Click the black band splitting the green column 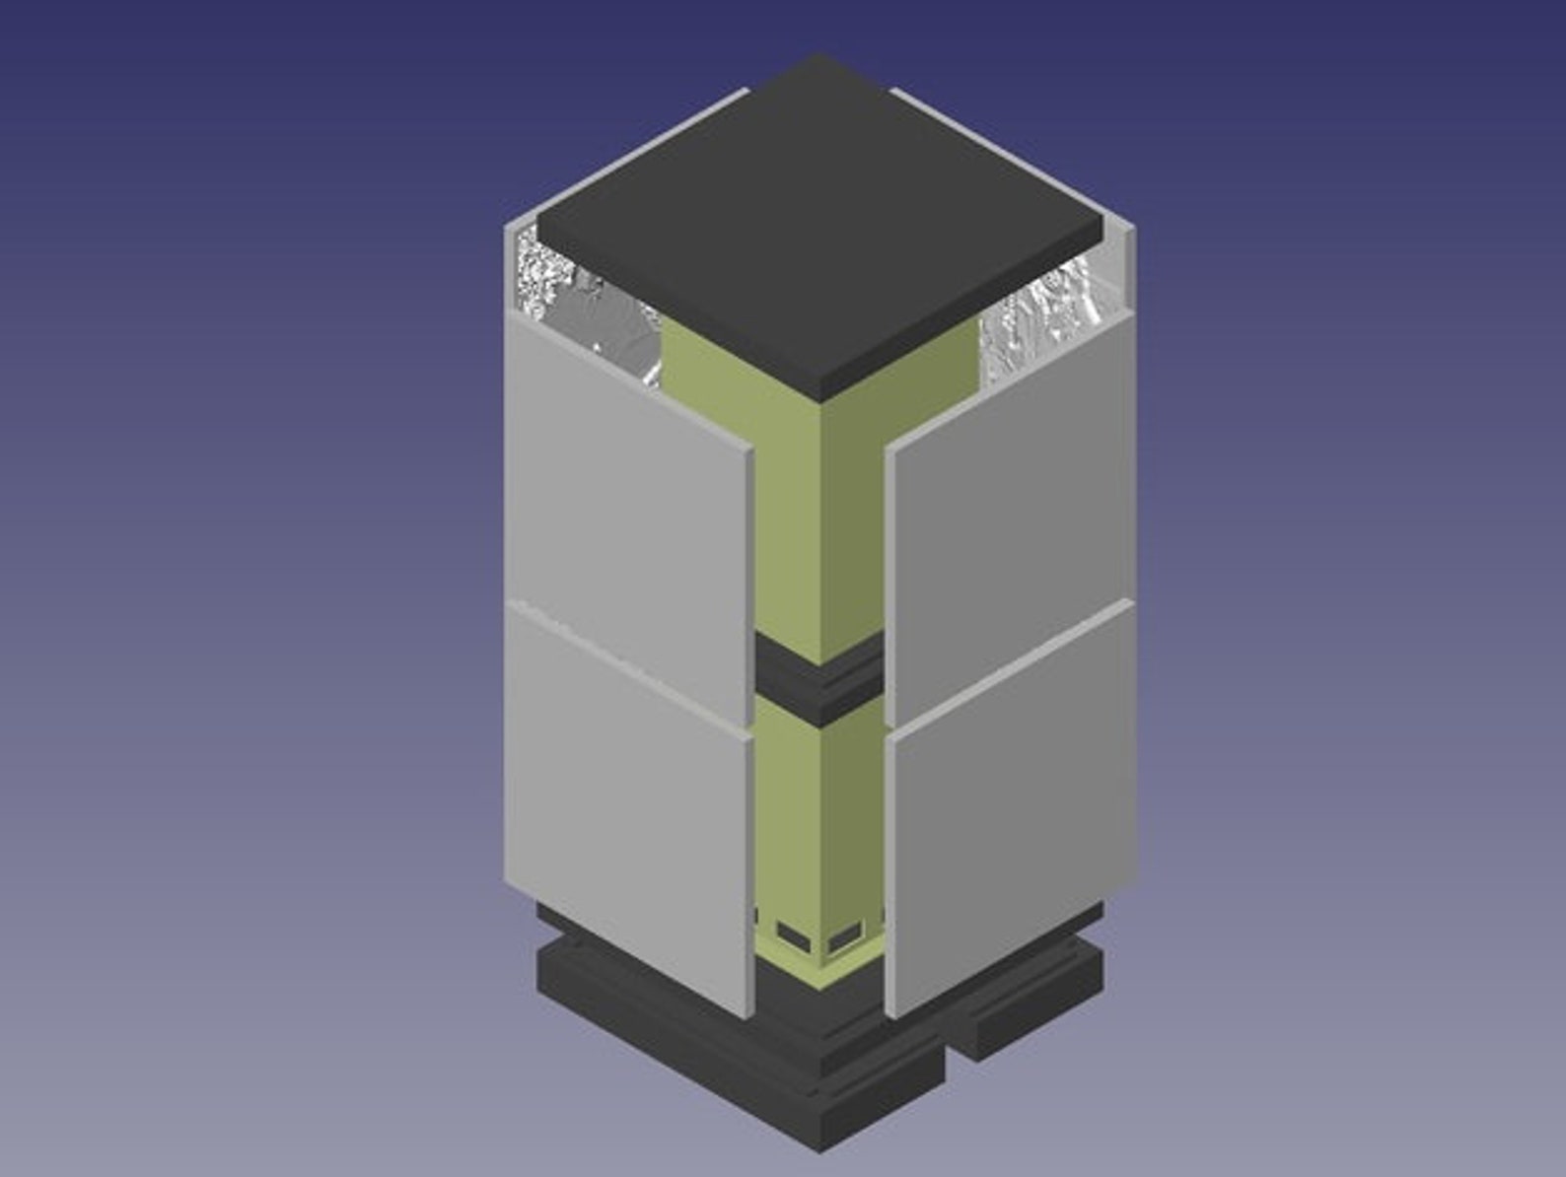pyautogui.click(x=819, y=680)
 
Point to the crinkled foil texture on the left pyautogui.click(x=582, y=306)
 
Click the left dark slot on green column pyautogui.click(x=792, y=932)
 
